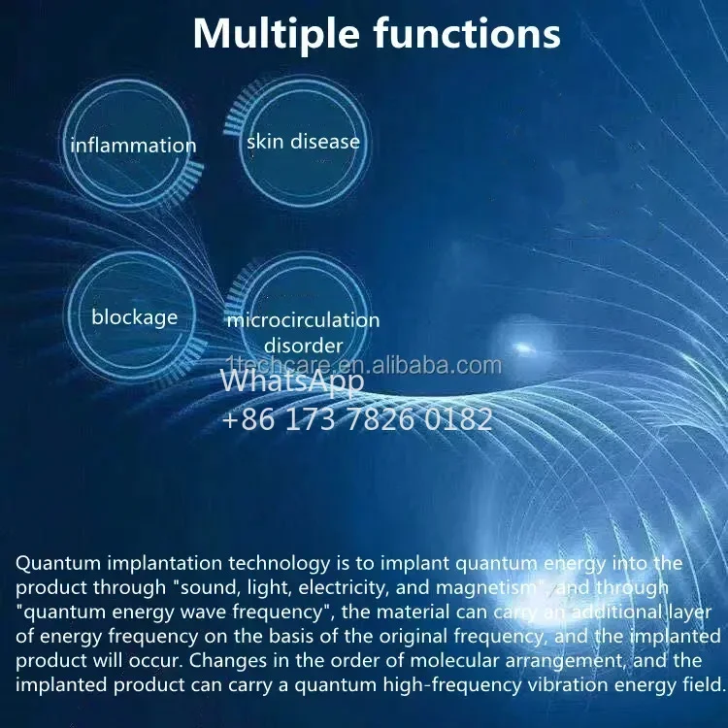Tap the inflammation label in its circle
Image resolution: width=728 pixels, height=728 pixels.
tap(133, 146)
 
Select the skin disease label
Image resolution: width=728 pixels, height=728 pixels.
tap(303, 142)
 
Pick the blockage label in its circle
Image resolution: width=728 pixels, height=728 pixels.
tap(134, 316)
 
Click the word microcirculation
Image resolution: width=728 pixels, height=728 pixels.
tap(303, 320)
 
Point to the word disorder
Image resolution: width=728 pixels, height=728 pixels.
tap(303, 346)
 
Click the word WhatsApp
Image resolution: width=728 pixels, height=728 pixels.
tap(292, 381)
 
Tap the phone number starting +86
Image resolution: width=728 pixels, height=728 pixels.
tap(356, 419)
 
